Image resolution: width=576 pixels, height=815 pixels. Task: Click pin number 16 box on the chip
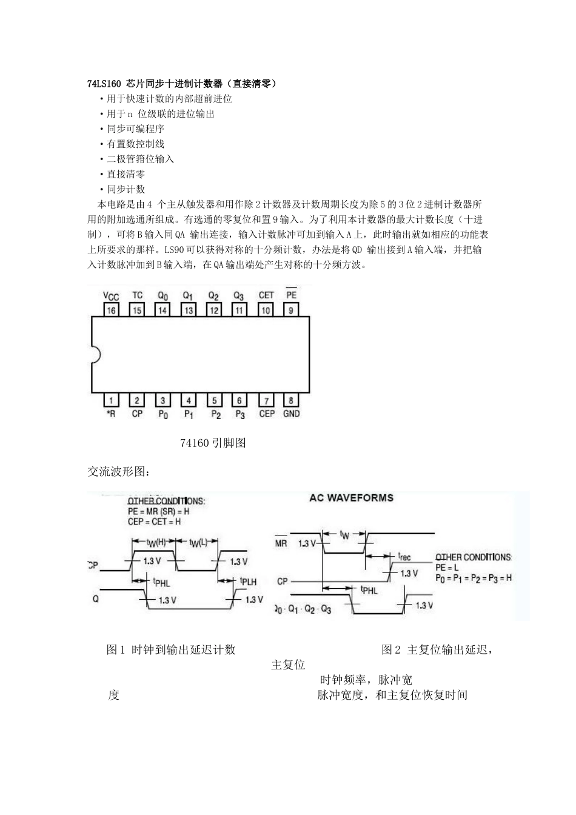point(111,310)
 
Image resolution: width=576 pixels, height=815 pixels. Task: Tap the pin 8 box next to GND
point(292,400)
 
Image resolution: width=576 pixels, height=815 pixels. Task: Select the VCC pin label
point(111,296)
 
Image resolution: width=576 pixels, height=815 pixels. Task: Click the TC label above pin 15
point(137,295)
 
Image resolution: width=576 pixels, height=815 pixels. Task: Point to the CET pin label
point(266,295)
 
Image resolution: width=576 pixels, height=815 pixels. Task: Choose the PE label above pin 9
point(292,295)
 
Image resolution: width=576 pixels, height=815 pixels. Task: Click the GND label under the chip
point(292,414)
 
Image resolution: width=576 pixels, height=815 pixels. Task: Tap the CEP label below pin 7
point(266,414)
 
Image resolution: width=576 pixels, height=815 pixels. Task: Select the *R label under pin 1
point(111,414)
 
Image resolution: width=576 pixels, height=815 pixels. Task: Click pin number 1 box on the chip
point(111,400)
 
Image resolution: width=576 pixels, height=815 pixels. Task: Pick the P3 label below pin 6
point(240,414)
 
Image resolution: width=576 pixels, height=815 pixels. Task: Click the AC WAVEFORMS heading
point(351,498)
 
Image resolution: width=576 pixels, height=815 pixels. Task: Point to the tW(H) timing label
point(156,542)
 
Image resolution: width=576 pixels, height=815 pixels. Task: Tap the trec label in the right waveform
point(404,555)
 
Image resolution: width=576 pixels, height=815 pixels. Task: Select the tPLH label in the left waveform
point(248,582)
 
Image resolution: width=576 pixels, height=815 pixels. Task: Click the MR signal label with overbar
point(281,543)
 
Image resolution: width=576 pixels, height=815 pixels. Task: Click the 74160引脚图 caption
point(213,443)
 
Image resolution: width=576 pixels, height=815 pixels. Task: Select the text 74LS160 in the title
point(104,83)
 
